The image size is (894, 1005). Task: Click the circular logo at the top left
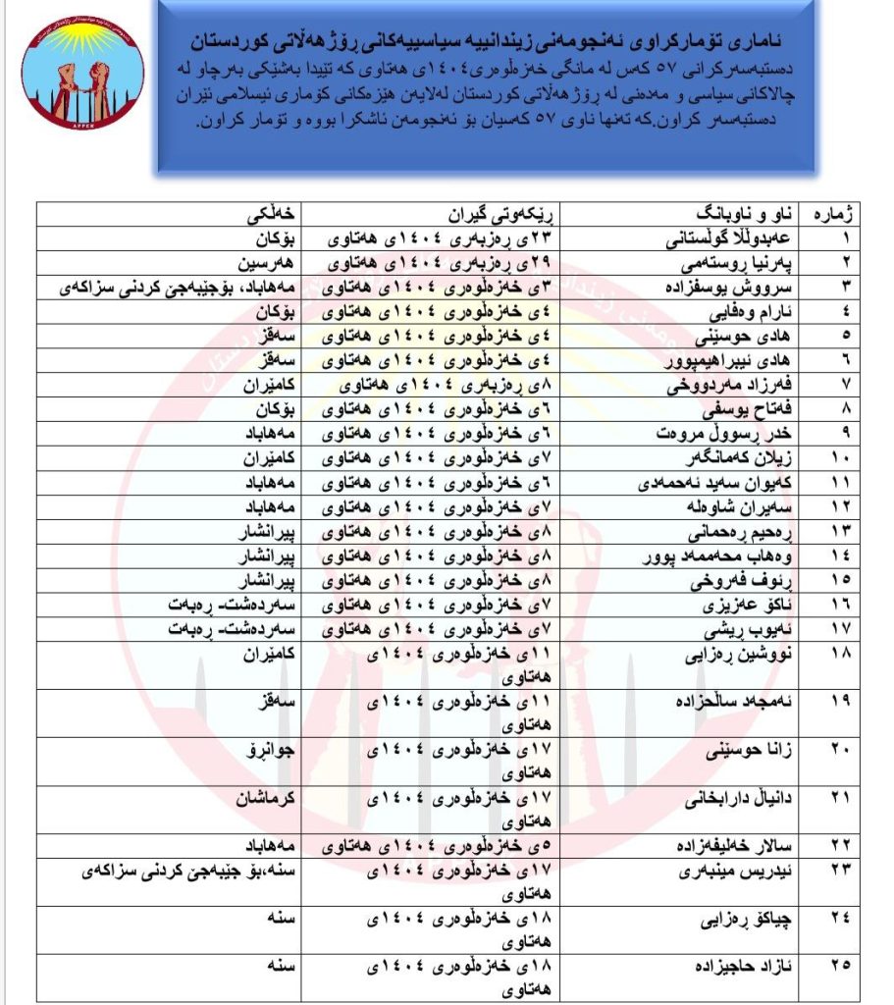(x=82, y=81)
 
